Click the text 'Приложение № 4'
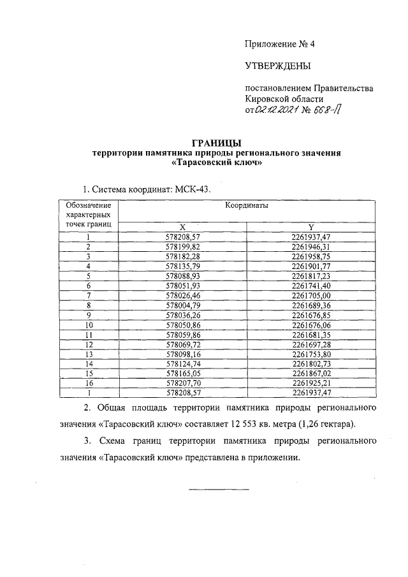280,44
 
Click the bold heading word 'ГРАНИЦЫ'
217,143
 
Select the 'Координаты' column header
245,207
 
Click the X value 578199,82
182,247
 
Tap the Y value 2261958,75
310,256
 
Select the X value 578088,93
182,275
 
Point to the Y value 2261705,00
310,295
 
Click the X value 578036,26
182,314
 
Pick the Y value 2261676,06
310,325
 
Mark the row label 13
89,354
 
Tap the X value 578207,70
182,383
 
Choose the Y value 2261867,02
310,373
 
